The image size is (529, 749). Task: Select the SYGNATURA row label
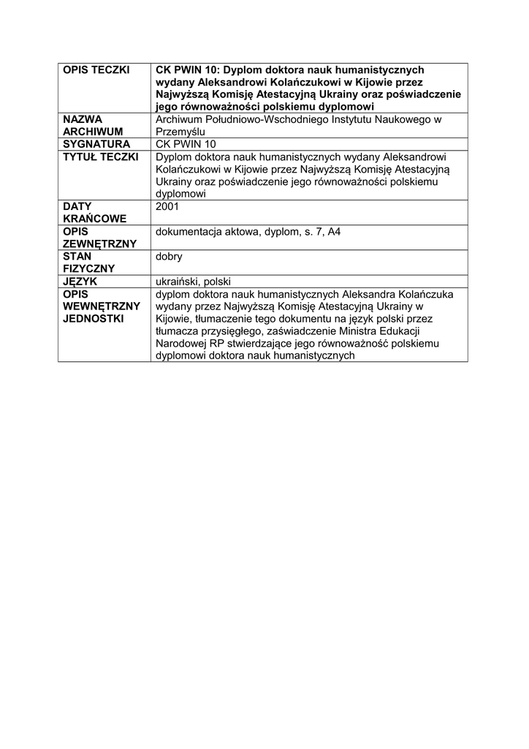pyautogui.click(x=96, y=144)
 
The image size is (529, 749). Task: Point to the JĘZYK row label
pyautogui.click(x=80, y=281)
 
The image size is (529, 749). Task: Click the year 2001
pyautogui.click(x=167, y=206)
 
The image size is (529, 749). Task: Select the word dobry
pyautogui.click(x=169, y=257)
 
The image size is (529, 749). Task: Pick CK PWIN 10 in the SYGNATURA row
pyautogui.click(x=186, y=144)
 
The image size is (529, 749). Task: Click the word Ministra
pyautogui.click(x=357, y=331)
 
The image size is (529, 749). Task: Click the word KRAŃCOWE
pyautogui.click(x=95, y=219)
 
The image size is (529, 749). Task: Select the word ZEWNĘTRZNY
pyautogui.click(x=99, y=244)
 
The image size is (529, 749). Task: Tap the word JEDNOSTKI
pyautogui.click(x=93, y=319)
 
